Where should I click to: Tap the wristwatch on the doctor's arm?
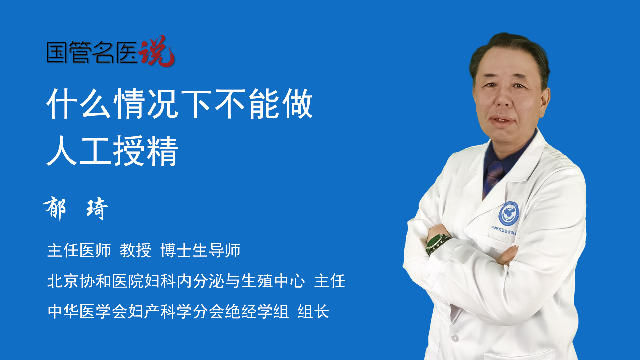coord(437,243)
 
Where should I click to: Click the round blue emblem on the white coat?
coord(509,213)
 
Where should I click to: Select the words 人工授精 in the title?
coord(113,151)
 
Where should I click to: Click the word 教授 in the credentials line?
coord(136,250)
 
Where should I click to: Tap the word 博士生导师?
coord(200,250)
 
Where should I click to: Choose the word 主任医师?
coord(79,250)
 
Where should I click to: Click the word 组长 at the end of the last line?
coord(313,312)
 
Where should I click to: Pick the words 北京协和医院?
coord(96,281)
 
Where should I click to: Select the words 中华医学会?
coord(88,312)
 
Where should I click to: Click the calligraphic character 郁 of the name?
coord(55,208)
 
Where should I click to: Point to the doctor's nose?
coord(503,100)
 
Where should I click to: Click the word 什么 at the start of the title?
coord(79,104)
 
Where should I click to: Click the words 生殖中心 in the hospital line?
coord(273,281)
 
